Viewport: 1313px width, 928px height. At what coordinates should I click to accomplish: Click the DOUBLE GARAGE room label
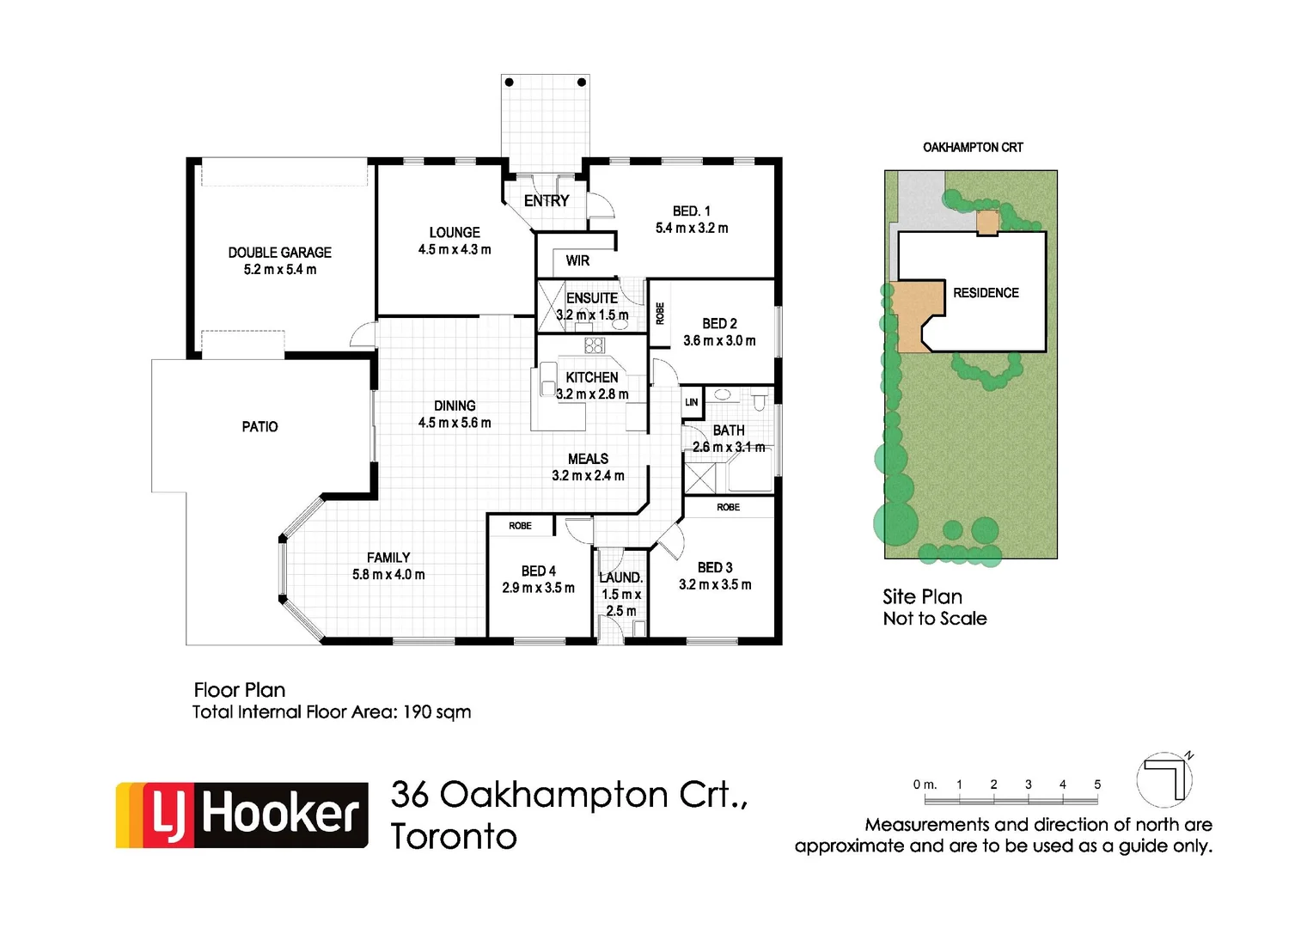click(x=279, y=253)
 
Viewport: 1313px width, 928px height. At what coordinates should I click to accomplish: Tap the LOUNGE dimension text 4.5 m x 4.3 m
click(x=455, y=250)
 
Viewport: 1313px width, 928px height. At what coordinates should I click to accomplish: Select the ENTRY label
click(x=547, y=201)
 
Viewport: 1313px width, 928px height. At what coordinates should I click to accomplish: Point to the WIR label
click(x=577, y=261)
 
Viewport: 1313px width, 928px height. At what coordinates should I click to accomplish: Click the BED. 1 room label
click(x=691, y=211)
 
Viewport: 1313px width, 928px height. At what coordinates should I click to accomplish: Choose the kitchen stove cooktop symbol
click(x=595, y=345)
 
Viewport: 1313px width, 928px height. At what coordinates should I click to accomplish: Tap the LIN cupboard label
click(x=692, y=402)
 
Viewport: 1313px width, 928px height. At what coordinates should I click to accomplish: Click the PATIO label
click(x=260, y=427)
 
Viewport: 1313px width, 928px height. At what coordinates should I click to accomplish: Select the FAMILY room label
click(x=388, y=558)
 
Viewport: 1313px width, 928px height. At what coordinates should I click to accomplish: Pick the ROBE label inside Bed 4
click(x=520, y=526)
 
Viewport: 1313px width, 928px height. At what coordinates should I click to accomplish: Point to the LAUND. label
click(x=620, y=577)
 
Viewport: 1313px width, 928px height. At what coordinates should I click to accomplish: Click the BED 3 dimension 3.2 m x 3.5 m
click(x=715, y=585)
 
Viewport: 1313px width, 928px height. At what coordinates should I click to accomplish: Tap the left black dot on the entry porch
click(x=510, y=82)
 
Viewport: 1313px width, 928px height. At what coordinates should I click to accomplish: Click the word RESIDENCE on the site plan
click(x=986, y=293)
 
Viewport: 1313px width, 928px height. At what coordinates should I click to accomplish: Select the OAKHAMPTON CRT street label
click(x=973, y=148)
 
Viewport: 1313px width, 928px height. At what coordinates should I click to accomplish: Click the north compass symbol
click(x=1165, y=778)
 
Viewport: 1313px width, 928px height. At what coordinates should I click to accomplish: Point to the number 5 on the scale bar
click(x=1097, y=785)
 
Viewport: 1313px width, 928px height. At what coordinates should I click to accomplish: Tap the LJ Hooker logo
click(x=242, y=815)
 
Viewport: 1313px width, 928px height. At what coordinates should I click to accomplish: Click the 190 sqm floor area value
click(x=437, y=712)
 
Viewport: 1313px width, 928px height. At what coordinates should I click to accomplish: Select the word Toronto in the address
click(x=454, y=837)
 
